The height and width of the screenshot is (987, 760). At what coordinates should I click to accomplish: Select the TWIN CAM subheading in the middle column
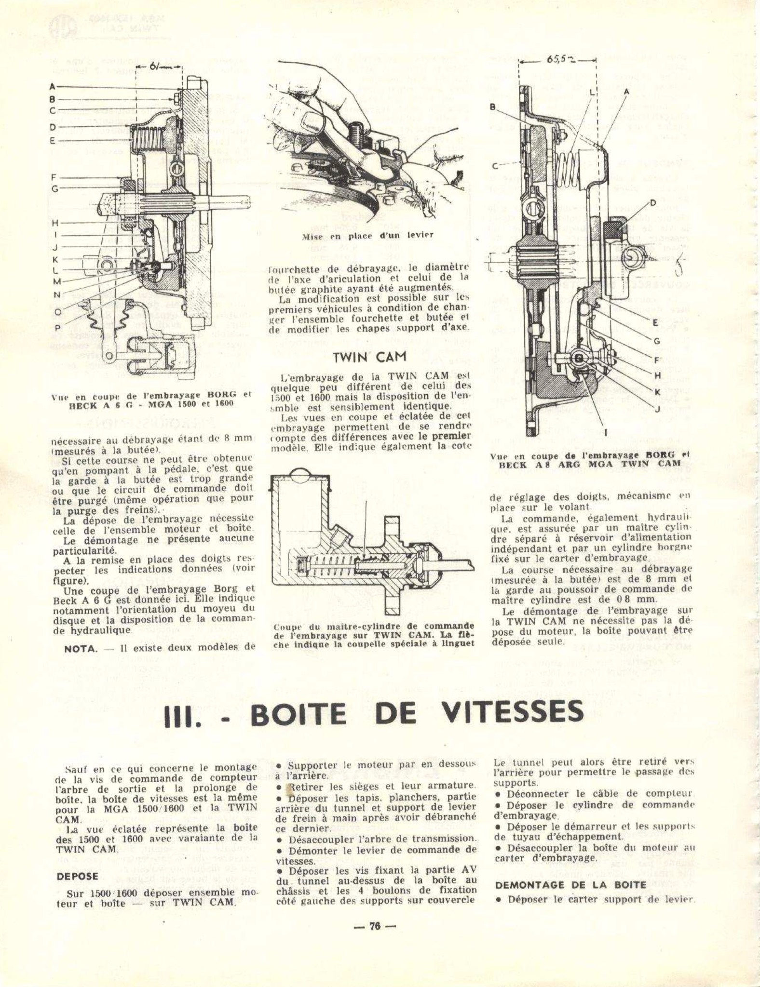click(370, 357)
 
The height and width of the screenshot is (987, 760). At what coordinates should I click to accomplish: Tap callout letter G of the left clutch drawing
click(54, 189)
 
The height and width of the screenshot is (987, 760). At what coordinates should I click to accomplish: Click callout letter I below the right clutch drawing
click(606, 432)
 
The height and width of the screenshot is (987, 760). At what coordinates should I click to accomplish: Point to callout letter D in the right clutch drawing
click(652, 203)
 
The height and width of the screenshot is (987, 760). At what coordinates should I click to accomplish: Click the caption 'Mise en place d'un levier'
click(367, 236)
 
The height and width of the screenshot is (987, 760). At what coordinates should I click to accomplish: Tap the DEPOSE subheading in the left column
click(77, 876)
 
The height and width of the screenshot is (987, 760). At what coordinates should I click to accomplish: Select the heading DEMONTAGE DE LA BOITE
click(570, 884)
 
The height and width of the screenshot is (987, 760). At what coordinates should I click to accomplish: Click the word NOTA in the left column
click(81, 648)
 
